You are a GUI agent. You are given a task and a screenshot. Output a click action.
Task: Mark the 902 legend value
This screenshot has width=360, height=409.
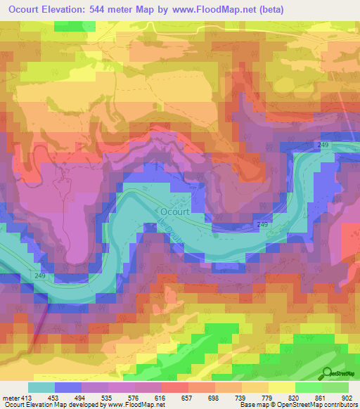[x=347, y=397]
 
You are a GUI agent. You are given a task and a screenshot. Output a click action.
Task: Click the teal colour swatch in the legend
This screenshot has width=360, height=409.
[x=41, y=387]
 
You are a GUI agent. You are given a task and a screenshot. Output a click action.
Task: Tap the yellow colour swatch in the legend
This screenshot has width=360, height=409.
[x=282, y=387]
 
